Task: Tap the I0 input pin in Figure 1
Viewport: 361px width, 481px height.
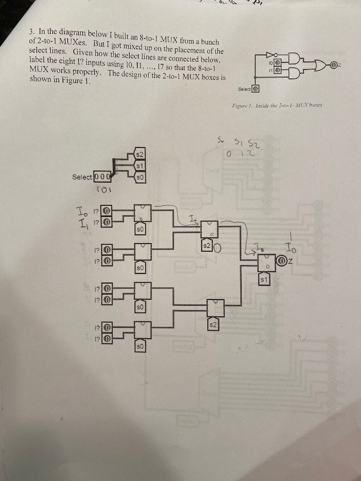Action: (x=278, y=63)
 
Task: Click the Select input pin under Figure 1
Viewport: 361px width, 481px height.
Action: (x=256, y=89)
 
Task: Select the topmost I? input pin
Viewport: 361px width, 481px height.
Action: (x=107, y=210)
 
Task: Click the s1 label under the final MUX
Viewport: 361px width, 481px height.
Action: (x=264, y=280)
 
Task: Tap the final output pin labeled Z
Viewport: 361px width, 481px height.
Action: (x=282, y=260)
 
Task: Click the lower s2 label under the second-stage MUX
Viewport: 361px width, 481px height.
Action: (x=212, y=325)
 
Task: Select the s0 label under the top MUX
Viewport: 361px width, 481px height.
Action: (x=140, y=229)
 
